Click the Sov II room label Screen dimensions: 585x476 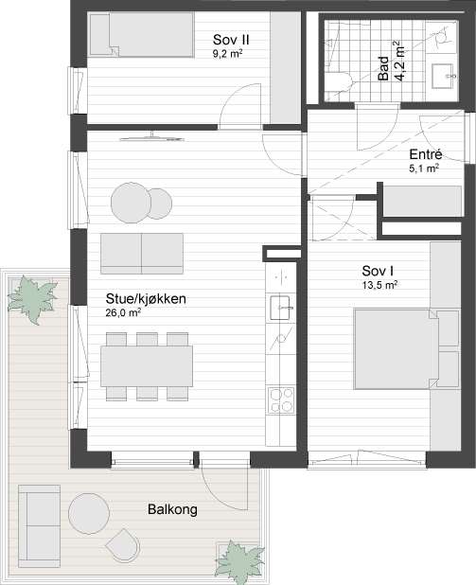point(230,40)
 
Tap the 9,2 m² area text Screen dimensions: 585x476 point(228,55)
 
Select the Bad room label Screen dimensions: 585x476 point(384,69)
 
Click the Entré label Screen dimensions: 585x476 point(427,154)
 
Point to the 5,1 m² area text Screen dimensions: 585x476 point(425,169)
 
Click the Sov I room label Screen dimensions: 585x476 point(378,269)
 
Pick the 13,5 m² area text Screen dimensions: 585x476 point(379,284)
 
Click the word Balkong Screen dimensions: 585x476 point(171,509)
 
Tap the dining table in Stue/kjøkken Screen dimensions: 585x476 point(148,364)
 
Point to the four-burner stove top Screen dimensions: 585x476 point(281,401)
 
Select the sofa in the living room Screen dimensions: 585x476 point(142,252)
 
